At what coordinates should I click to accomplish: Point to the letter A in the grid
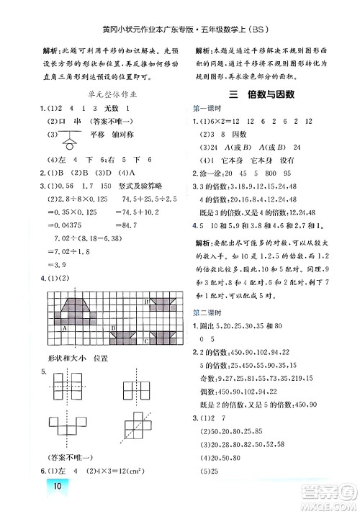[x=67, y=328]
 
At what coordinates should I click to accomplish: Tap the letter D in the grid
[x=114, y=328]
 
